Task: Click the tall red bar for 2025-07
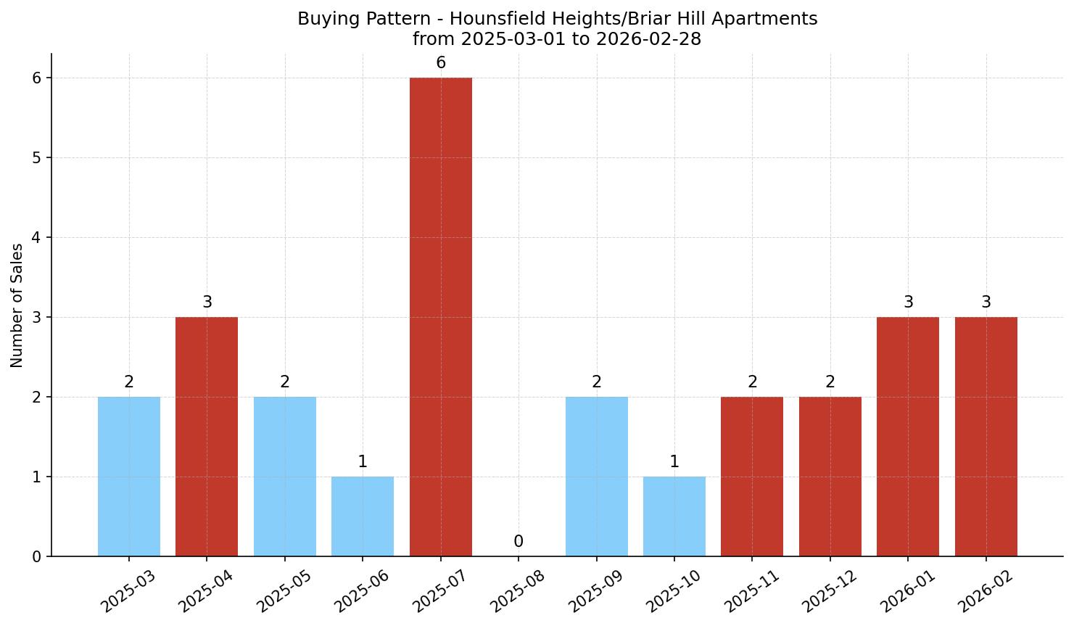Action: pos(440,317)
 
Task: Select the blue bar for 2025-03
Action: pos(129,477)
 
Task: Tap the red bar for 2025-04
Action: pos(207,437)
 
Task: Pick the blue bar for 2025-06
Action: pos(363,516)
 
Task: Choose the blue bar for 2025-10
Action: pos(674,516)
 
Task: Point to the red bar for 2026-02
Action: pos(986,437)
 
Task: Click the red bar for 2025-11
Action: pos(752,477)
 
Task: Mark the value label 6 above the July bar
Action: pos(441,64)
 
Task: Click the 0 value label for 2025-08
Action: pos(519,542)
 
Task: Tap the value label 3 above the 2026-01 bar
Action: pos(908,302)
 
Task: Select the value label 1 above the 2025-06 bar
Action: pos(363,462)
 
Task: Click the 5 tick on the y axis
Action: pos(36,158)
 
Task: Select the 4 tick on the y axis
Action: pos(36,238)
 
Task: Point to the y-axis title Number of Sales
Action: pos(17,305)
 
